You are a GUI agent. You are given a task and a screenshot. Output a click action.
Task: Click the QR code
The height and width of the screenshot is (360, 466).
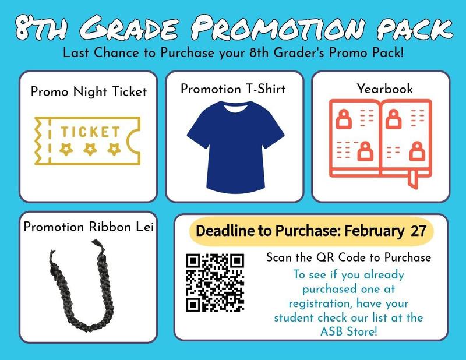coord(214,282)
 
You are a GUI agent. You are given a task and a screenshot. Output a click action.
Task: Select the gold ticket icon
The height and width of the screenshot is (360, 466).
coord(89,142)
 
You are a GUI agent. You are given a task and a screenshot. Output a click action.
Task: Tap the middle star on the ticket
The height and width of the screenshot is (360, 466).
coord(90,149)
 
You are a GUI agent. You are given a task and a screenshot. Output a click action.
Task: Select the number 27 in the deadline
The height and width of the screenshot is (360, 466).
coord(418,231)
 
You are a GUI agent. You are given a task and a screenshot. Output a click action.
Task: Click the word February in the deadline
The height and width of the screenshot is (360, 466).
coord(375,231)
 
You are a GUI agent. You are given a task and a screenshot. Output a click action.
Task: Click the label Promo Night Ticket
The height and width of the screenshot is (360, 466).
coord(89,92)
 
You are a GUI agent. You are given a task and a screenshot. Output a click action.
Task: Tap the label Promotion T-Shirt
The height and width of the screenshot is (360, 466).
coord(233,89)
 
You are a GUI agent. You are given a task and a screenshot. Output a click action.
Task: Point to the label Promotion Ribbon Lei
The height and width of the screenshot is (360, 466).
coord(89,227)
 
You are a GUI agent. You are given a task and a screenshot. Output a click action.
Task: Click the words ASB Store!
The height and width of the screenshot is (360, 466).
coord(348,331)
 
